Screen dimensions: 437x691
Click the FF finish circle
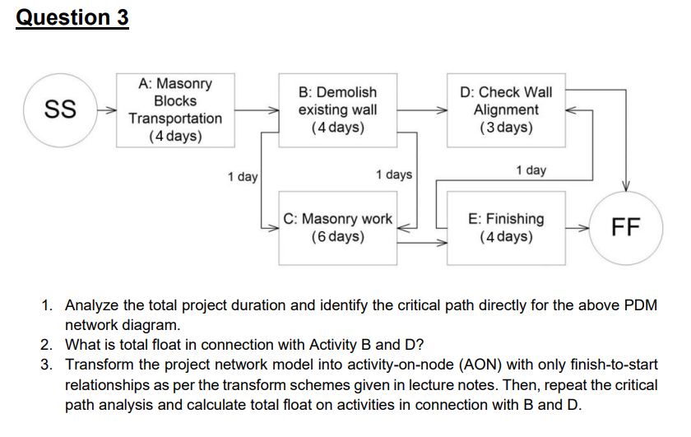[625, 227]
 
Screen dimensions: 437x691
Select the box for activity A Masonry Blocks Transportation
[175, 109]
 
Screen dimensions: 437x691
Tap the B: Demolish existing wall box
[338, 109]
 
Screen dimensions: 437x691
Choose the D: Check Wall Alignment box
[506, 109]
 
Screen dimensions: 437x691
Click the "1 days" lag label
[393, 174]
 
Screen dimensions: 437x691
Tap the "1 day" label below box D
[531, 170]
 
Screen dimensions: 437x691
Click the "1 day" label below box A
[243, 177]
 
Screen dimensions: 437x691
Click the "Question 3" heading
[72, 17]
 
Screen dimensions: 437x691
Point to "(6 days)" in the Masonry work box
[338, 237]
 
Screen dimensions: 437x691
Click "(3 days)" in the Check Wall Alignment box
[506, 128]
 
